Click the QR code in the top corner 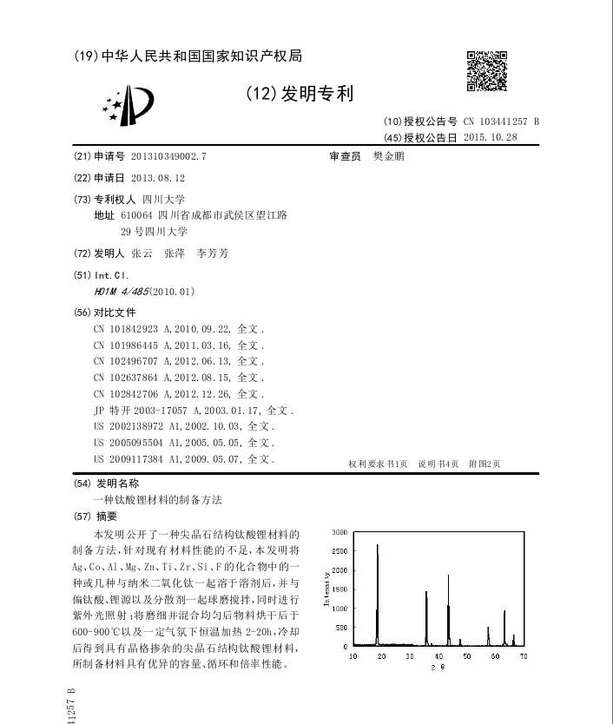point(486,71)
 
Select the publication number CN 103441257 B point(501,122)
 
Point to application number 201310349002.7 point(169,157)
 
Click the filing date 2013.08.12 point(158,178)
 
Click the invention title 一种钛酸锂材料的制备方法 point(158,501)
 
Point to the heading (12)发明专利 point(300,94)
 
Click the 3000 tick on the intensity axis point(339,531)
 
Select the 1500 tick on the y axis point(339,589)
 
